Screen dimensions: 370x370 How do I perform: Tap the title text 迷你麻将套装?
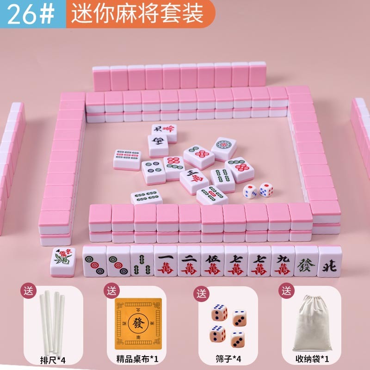tap(137, 14)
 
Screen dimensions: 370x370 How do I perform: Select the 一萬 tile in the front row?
tap(166, 262)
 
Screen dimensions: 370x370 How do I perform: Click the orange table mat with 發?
tap(138, 323)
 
